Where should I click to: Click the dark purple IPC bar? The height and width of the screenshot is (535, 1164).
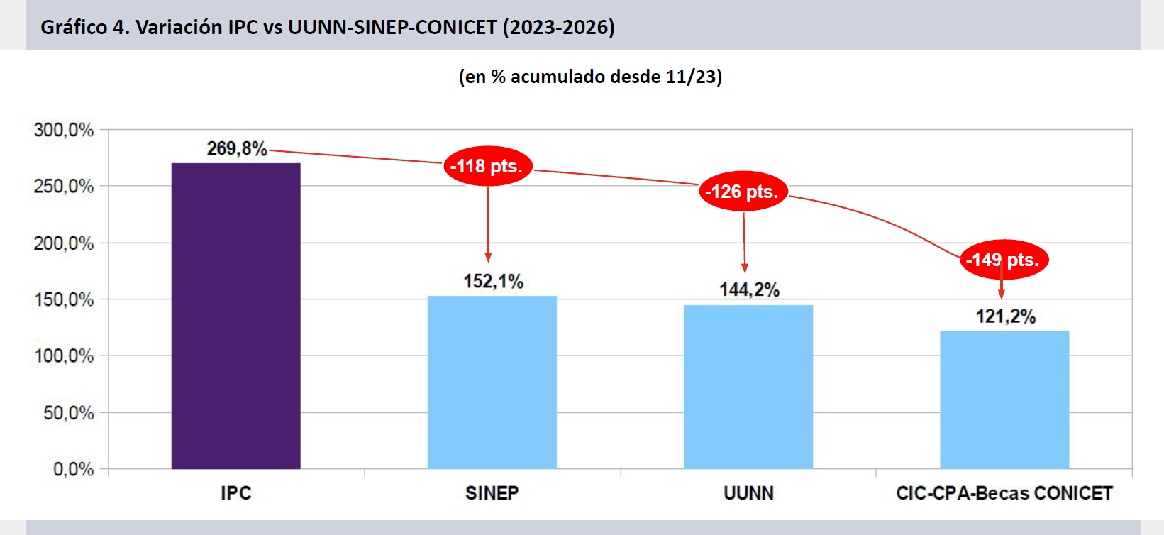(235, 316)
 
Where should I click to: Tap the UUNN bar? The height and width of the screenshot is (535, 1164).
(748, 387)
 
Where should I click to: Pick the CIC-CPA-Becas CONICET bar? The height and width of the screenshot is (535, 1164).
(1004, 399)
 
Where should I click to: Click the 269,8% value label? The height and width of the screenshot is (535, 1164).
(237, 148)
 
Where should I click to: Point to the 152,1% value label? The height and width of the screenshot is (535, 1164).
(493, 282)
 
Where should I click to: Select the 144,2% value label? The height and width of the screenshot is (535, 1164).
(749, 289)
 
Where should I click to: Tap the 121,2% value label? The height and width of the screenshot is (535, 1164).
(1005, 316)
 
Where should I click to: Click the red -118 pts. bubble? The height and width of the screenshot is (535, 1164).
(488, 166)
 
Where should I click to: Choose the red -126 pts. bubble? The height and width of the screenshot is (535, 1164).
(743, 192)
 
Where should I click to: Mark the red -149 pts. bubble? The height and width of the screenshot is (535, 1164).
(1003, 260)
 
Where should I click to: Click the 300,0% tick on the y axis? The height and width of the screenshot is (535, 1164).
(64, 130)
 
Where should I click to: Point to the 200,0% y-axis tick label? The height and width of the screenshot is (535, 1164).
(64, 243)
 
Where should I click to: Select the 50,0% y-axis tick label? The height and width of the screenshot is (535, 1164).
(68, 413)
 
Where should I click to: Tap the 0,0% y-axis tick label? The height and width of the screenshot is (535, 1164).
(73, 469)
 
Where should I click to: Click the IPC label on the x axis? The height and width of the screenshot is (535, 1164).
(235, 493)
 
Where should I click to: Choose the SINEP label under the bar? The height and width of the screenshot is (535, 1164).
(492, 493)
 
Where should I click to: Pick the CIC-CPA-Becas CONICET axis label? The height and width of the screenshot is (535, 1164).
(1004, 493)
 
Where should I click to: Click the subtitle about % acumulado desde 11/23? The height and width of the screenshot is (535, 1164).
(590, 77)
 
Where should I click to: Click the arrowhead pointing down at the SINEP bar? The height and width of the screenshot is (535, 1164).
(488, 258)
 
